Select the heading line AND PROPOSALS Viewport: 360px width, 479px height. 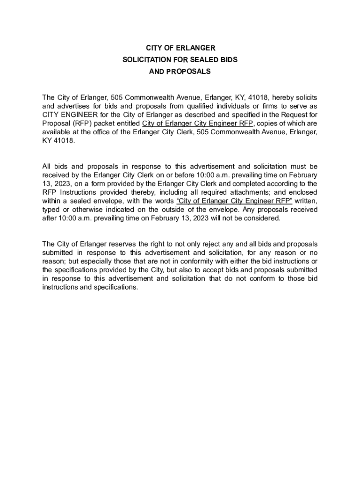180,72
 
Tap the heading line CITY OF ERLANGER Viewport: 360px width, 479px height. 180,48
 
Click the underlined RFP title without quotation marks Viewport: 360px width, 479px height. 198,123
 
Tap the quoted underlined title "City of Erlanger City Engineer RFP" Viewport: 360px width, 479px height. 234,201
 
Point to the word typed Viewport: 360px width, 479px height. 50,210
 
